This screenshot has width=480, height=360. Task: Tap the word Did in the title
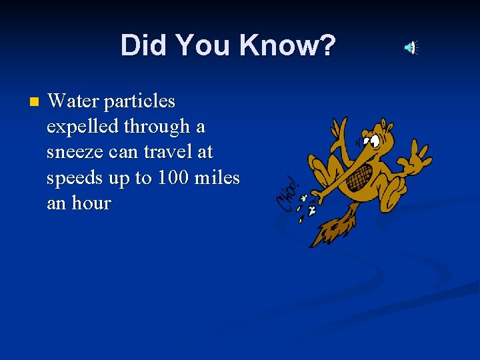tap(142, 46)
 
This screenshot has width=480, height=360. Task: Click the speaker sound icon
tap(411, 47)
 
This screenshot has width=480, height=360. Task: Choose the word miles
tap(217, 178)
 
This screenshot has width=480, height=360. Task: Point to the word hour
tap(90, 203)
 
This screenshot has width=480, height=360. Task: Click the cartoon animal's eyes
tap(372, 140)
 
